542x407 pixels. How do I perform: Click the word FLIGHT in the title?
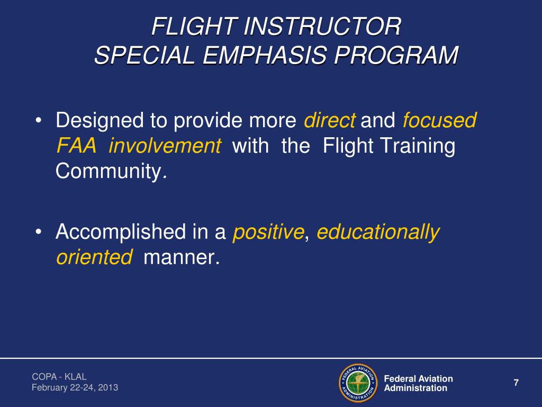[180, 26]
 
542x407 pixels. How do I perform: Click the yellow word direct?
[329, 121]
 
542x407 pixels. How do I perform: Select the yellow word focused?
[439, 121]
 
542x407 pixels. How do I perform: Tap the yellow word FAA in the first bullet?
[76, 146]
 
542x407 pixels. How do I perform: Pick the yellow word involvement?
[165, 146]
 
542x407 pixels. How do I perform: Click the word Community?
[110, 171]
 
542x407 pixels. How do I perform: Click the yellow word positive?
[269, 232]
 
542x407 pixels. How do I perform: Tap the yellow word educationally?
[378, 232]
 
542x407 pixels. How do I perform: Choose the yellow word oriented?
[94, 257]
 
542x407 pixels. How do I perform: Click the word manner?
[180, 257]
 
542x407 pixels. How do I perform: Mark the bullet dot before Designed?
[40, 122]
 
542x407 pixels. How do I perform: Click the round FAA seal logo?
[357, 383]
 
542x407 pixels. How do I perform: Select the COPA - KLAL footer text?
[56, 377]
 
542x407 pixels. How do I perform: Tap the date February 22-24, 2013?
[75, 388]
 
